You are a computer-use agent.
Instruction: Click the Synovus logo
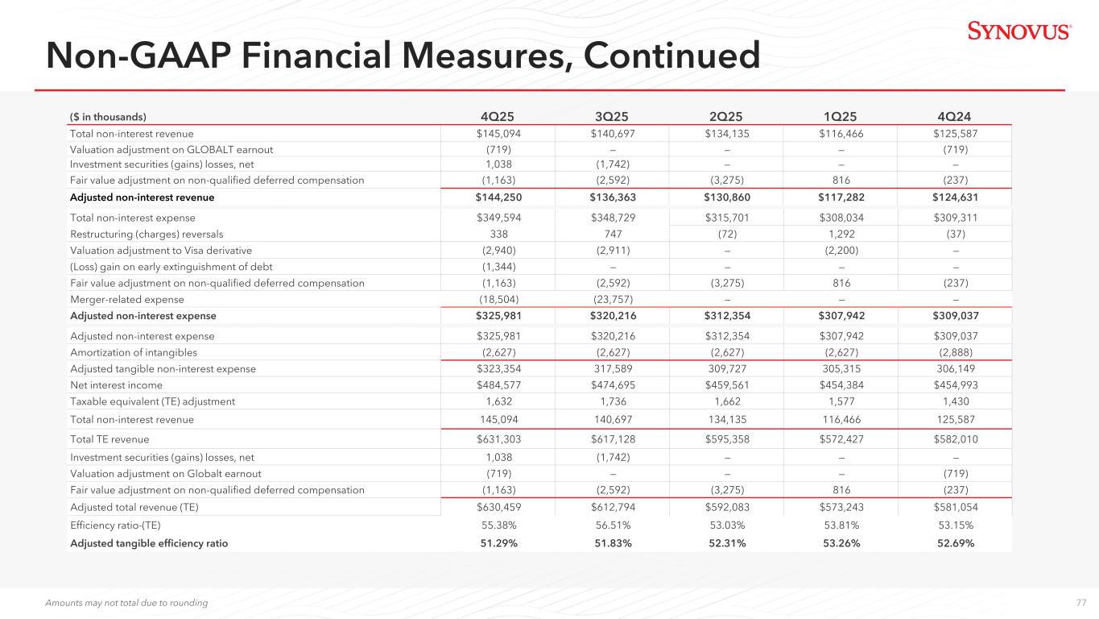tap(1019, 31)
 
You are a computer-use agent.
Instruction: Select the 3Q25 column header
tap(612, 116)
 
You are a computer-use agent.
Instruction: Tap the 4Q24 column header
tap(954, 116)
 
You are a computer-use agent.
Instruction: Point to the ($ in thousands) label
tap(108, 117)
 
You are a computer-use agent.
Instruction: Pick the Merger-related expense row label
tap(127, 299)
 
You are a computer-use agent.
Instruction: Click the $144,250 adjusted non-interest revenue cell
tap(498, 197)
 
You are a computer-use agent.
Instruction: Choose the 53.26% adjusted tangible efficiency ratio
tap(841, 543)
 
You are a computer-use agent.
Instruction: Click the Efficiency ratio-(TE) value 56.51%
tap(613, 526)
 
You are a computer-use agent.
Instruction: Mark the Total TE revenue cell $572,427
tap(841, 439)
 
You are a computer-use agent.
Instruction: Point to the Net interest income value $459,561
tap(727, 385)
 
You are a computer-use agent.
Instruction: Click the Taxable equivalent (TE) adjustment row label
tap(153, 401)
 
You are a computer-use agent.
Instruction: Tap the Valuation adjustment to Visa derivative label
tap(161, 251)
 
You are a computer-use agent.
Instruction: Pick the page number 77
tap(1081, 603)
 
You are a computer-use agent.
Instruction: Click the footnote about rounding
tap(126, 603)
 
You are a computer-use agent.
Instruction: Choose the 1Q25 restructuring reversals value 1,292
tap(841, 235)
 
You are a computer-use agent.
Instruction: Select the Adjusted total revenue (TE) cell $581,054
tap(956, 507)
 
